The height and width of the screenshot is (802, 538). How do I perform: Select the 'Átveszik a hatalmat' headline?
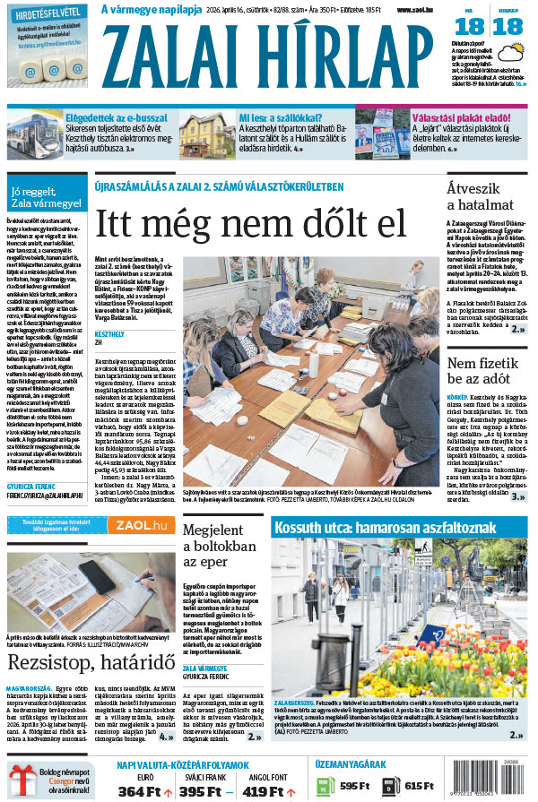(x=482, y=196)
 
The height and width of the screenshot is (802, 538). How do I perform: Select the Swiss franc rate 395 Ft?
(x=199, y=791)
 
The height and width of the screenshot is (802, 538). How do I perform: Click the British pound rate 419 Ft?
(x=264, y=791)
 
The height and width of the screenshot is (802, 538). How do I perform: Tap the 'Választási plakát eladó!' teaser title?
(x=465, y=117)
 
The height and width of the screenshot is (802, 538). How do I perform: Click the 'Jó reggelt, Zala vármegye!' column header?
(x=45, y=197)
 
